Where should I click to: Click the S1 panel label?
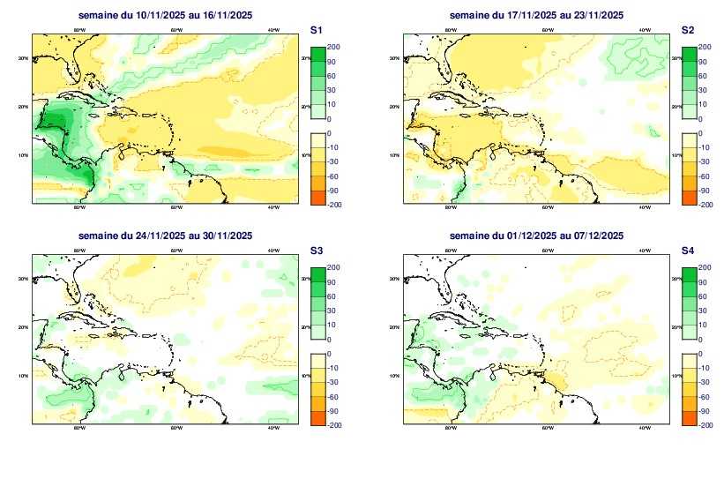click(x=316, y=30)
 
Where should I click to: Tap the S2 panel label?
click(x=687, y=30)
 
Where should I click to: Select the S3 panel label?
click(x=316, y=251)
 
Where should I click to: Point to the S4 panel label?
click(x=687, y=251)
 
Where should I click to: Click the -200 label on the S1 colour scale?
click(x=334, y=204)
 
